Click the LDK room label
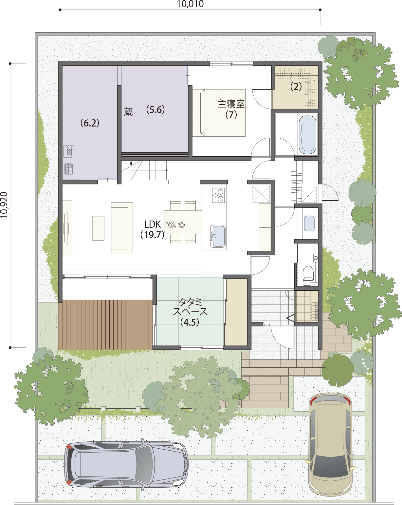(x=153, y=224)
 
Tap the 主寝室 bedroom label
(x=231, y=104)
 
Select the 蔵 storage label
(x=128, y=112)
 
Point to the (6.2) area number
(x=90, y=123)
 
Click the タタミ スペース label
(x=190, y=311)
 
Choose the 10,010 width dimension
(x=190, y=4)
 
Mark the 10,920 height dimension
(x=4, y=205)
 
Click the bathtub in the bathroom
(x=307, y=134)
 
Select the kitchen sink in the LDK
(x=218, y=236)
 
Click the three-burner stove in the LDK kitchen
(x=218, y=195)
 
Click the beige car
(x=330, y=444)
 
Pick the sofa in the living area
(x=122, y=228)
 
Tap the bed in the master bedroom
(x=219, y=113)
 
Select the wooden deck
(x=105, y=324)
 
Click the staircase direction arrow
(x=131, y=163)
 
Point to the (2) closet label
(x=296, y=87)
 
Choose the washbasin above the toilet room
(x=309, y=223)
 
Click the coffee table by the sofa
(x=98, y=228)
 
